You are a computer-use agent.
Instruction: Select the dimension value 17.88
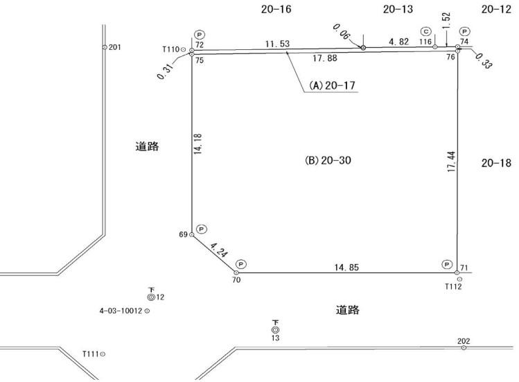pyautogui.click(x=325, y=58)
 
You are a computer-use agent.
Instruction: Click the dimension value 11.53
pyautogui.click(x=277, y=44)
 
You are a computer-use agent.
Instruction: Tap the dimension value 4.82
pyautogui.click(x=399, y=42)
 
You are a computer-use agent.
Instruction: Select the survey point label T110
pyautogui.click(x=170, y=49)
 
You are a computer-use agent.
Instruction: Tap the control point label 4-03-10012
pyautogui.click(x=121, y=311)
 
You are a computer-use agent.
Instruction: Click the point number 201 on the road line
pyautogui.click(x=115, y=47)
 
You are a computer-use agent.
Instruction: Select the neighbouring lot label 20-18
pyautogui.click(x=496, y=164)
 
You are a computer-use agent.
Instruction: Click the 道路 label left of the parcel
pyautogui.click(x=147, y=146)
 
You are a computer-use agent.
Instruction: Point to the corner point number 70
pyautogui.click(x=236, y=280)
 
